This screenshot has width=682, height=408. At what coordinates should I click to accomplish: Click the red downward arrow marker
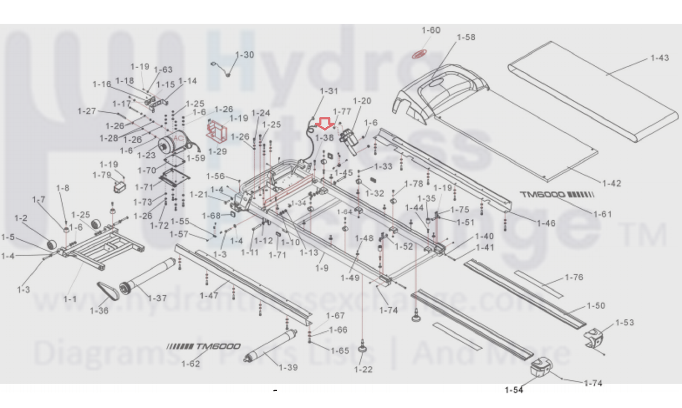pyautogui.click(x=326, y=124)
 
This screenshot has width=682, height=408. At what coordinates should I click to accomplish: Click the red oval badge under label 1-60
pyautogui.click(x=419, y=54)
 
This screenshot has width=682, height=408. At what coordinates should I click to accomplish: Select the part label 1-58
pyautogui.click(x=466, y=38)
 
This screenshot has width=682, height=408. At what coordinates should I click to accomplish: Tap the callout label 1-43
pyautogui.click(x=659, y=58)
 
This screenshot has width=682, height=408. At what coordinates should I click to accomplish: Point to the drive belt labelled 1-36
pyautogui.click(x=108, y=291)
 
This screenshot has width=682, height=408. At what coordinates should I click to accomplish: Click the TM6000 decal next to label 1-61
pyautogui.click(x=556, y=195)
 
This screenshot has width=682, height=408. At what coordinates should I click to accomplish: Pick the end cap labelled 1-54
pyautogui.click(x=541, y=367)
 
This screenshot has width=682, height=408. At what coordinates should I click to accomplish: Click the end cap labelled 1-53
pyautogui.click(x=594, y=337)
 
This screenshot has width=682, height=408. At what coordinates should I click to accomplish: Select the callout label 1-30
pyautogui.click(x=244, y=55)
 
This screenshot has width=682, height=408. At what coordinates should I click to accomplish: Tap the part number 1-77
pyautogui.click(x=342, y=111)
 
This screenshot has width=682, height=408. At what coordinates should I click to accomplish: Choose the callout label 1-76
pyautogui.click(x=574, y=277)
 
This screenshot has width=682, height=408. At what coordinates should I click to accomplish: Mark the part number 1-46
pyautogui.click(x=546, y=223)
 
